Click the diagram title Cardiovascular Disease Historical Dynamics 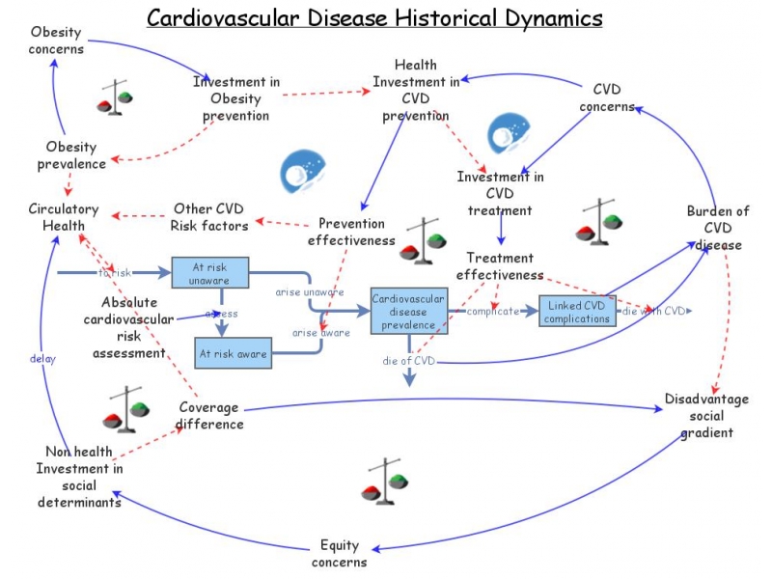pyautogui.click(x=374, y=18)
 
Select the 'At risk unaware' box pyautogui.click(x=209, y=271)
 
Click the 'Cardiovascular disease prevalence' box pyautogui.click(x=407, y=311)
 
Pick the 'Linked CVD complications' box pyautogui.click(x=577, y=311)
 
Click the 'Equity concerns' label pyautogui.click(x=344, y=553)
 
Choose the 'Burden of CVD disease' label pyautogui.click(x=717, y=228)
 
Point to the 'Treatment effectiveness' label pyautogui.click(x=500, y=266)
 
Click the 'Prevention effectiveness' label pyautogui.click(x=357, y=232)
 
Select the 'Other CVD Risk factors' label pyautogui.click(x=209, y=217)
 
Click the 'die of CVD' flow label pyautogui.click(x=409, y=361)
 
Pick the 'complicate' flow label pyautogui.click(x=494, y=311)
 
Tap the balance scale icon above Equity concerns pyautogui.click(x=383, y=482)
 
